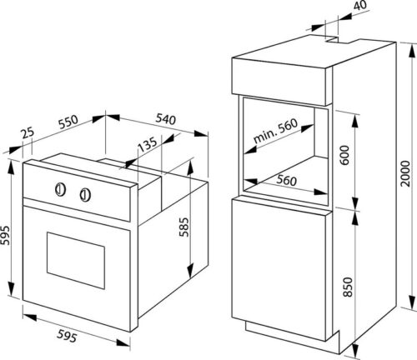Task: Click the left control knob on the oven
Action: (x=60, y=190)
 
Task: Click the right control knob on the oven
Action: (x=85, y=194)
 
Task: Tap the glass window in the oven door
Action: (x=76, y=260)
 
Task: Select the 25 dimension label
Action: (x=28, y=133)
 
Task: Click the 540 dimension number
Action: (x=166, y=119)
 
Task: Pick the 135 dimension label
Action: (x=148, y=144)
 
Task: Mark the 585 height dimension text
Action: (x=183, y=227)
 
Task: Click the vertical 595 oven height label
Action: (x=5, y=235)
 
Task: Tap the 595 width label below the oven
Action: (x=67, y=337)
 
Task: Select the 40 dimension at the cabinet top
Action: (x=360, y=5)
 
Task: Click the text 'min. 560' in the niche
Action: (x=276, y=131)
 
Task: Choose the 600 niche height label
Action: (x=344, y=155)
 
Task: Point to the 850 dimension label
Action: (x=348, y=287)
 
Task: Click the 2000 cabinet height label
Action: (x=405, y=173)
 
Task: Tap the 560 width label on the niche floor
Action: (x=286, y=181)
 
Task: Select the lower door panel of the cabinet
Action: (x=279, y=269)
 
